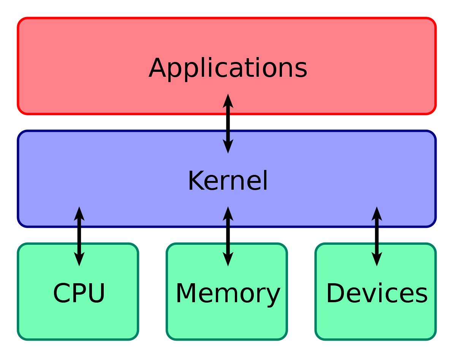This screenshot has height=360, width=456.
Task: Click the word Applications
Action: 228,68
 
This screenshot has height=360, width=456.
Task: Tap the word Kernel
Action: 228,181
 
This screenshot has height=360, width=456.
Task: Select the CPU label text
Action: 79,293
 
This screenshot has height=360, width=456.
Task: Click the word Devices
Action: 377,293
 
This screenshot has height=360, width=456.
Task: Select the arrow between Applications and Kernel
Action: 228,124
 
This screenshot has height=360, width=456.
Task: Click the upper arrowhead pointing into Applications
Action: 228,101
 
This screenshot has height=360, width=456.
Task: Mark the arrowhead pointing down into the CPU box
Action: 79,259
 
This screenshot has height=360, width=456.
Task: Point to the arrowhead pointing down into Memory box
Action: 228,259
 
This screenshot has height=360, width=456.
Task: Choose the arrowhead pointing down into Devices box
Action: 377,259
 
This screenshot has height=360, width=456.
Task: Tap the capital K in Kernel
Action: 196,181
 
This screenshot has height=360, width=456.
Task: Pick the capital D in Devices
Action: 335,293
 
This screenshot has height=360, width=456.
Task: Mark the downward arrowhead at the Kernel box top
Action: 228,146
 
